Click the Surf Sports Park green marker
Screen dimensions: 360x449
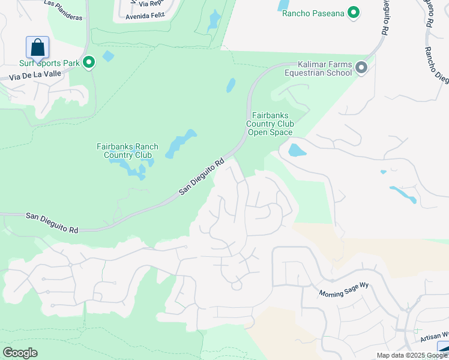coord(89,62)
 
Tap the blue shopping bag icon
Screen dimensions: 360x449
coord(37,47)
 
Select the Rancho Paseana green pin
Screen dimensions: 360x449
coord(354,12)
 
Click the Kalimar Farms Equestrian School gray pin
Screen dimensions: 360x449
coord(361,68)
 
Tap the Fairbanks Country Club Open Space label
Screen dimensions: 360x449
coord(270,124)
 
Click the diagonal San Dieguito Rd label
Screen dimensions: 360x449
coord(202,176)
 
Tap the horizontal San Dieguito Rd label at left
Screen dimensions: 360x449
coord(52,222)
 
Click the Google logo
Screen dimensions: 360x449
coord(20,353)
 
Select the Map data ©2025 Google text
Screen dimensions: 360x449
coord(412,355)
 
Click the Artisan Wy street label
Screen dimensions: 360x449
coord(433,337)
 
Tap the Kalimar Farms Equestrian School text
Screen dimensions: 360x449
coord(325,68)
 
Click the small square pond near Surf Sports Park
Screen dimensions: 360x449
coord(108,56)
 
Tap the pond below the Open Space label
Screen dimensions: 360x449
coord(297,149)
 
